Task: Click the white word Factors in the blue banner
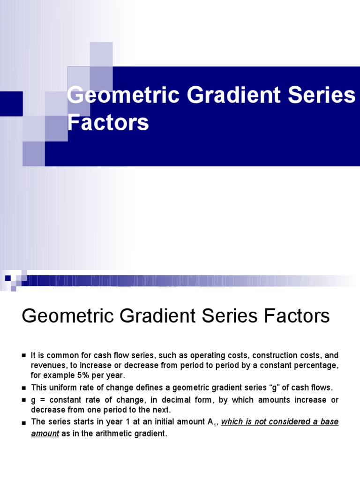pyautogui.click(x=108, y=123)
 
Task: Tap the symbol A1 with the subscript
pyautogui.click(x=213, y=422)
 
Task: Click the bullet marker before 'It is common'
pyautogui.click(x=23, y=356)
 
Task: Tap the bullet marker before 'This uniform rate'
pyautogui.click(x=23, y=388)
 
